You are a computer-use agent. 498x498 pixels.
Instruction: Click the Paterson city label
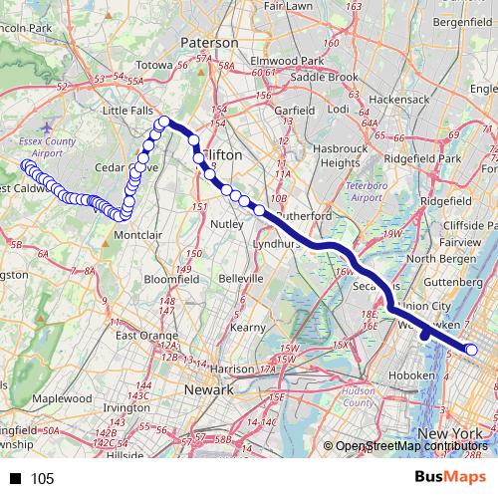[209, 43]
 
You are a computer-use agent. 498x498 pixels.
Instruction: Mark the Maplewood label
[62, 397]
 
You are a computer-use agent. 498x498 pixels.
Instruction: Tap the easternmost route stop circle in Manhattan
[472, 350]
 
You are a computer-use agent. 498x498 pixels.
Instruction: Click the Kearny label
[246, 327]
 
